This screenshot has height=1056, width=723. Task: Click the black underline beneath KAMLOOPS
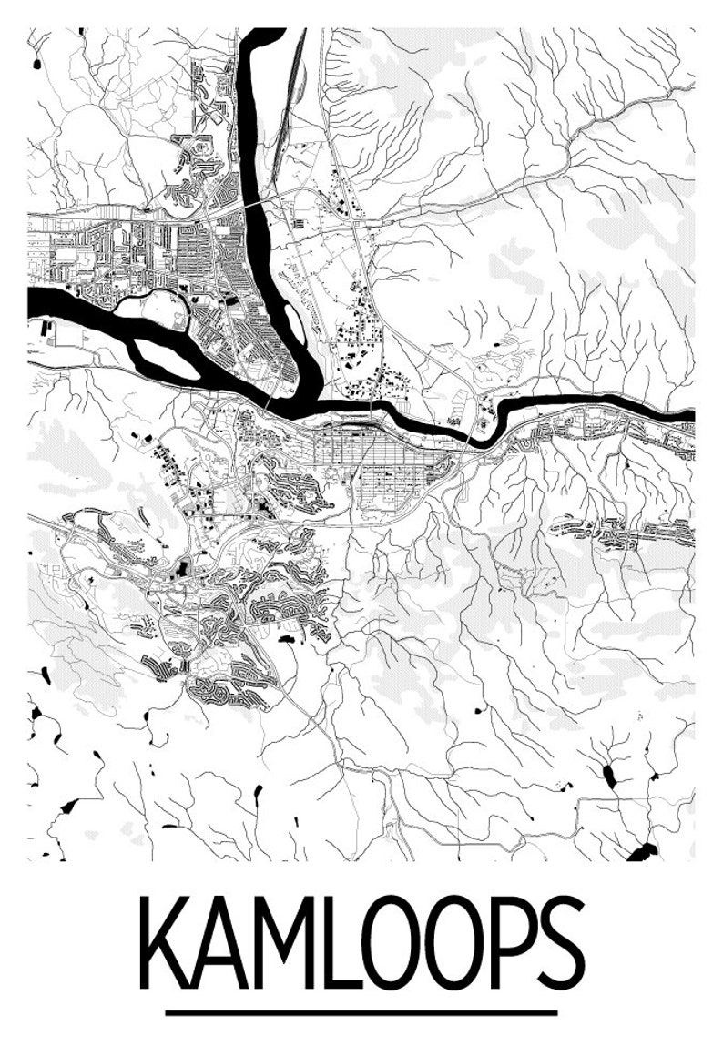(361, 1011)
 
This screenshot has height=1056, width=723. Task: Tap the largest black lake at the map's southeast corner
(642, 852)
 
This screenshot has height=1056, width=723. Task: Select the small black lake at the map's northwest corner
(36, 65)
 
